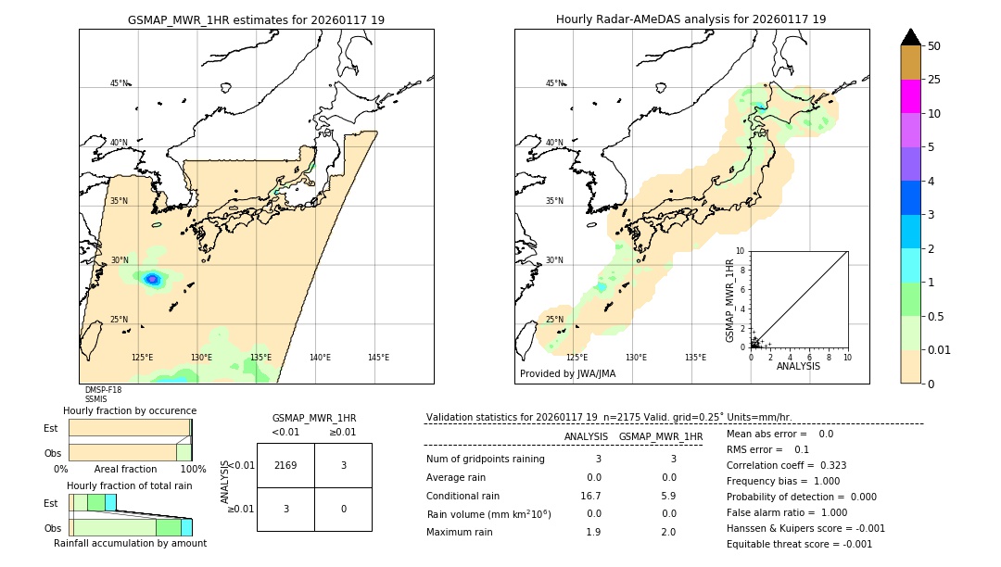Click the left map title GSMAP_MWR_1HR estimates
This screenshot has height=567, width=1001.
(256, 19)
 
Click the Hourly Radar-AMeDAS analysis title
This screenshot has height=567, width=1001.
(691, 19)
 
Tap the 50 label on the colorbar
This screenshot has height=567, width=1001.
(934, 45)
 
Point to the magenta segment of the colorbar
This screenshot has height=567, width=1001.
(910, 96)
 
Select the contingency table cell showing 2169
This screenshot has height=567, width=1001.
(285, 466)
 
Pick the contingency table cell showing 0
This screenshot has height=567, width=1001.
(343, 509)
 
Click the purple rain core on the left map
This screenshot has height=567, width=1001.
(152, 278)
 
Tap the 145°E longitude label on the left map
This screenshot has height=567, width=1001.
(378, 358)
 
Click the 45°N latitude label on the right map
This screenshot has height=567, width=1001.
(554, 83)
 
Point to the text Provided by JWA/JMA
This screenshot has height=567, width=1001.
(567, 373)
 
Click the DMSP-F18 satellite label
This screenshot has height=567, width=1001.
(103, 390)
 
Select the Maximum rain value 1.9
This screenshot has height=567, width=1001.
(593, 532)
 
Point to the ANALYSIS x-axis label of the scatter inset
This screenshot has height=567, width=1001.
(797, 366)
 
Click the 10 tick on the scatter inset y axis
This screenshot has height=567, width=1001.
(741, 251)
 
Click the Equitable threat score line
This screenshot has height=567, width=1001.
(799, 544)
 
